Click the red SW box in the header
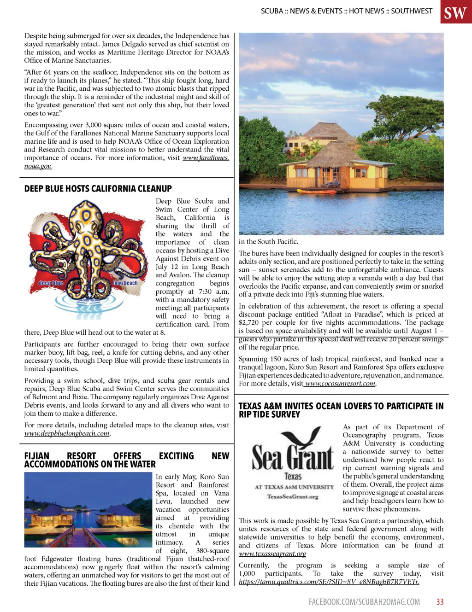455,12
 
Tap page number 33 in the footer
440,602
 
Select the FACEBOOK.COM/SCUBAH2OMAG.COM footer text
364,602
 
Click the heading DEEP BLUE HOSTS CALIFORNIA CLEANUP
98,189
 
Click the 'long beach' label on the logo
125,283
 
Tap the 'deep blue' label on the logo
51,283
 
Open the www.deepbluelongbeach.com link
67,433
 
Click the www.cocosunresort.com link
340,384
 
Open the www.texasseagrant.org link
272,554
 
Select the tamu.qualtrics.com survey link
329,582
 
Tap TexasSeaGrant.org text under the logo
292,496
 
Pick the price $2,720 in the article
248,323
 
